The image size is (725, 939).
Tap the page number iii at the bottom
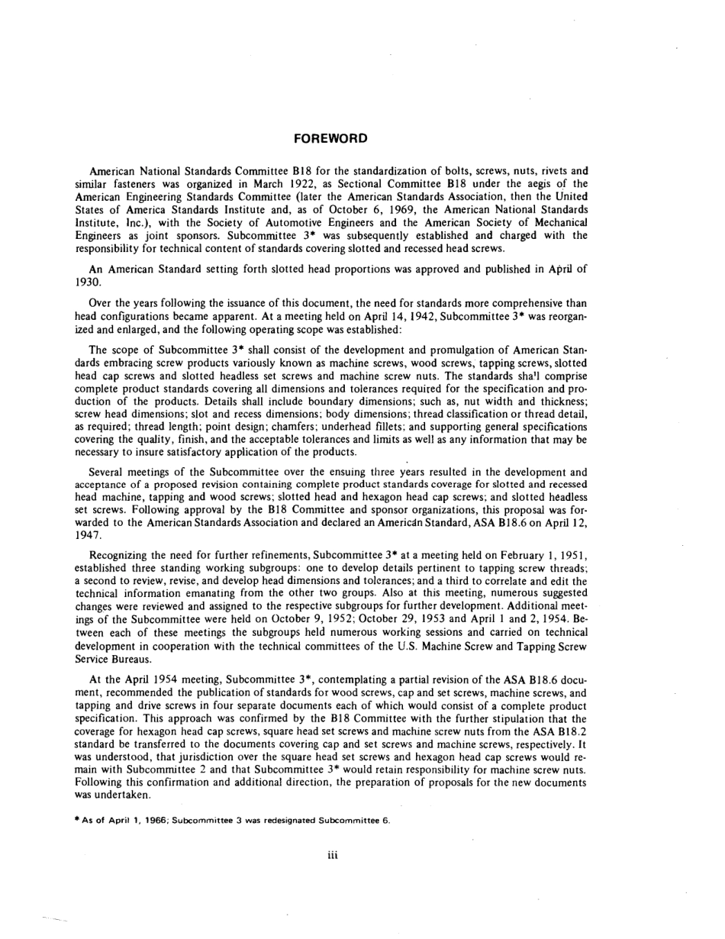point(333,854)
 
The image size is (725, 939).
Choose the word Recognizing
point(124,555)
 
